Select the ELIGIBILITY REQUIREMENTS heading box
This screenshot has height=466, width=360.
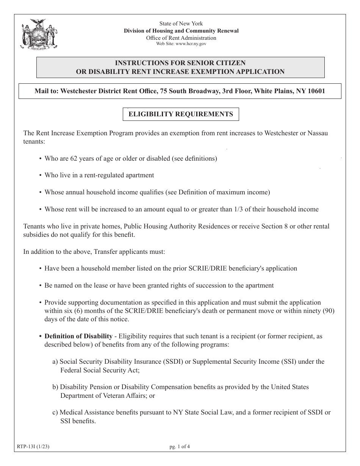coord(181,114)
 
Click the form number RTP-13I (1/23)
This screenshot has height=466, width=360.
coord(33,447)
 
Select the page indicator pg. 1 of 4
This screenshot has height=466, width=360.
coord(180,447)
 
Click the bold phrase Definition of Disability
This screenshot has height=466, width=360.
coord(78,336)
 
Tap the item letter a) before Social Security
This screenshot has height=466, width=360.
coord(55,362)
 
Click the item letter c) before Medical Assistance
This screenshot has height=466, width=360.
coord(55,413)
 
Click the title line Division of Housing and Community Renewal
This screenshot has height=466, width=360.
coord(181,31)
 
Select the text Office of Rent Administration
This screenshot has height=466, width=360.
coord(181,38)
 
